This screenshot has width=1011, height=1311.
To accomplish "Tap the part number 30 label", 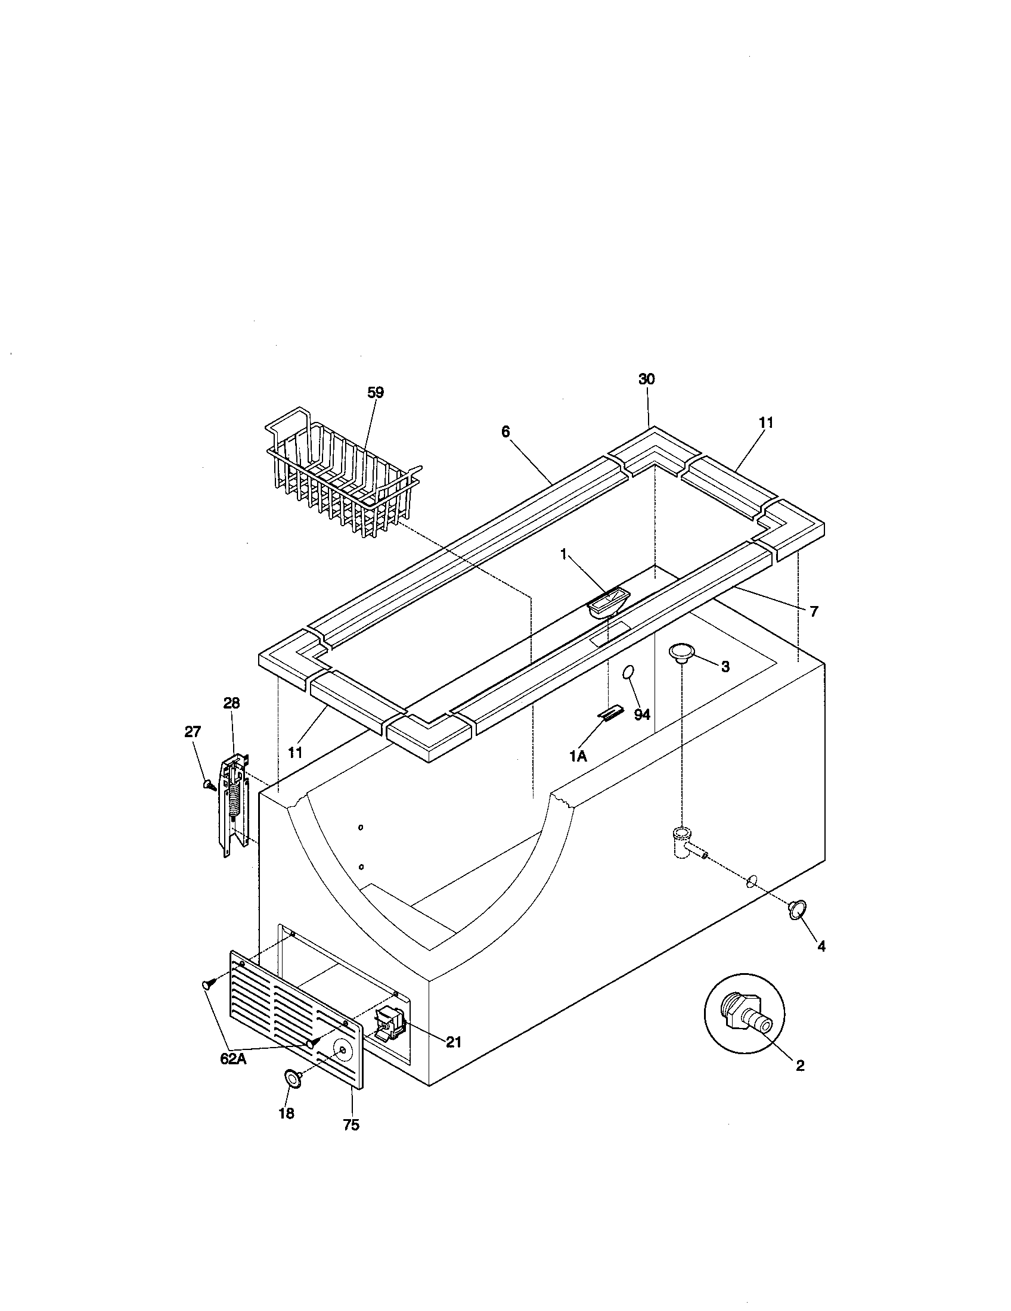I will pos(647,380).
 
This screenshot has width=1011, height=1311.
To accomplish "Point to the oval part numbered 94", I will pos(628,673).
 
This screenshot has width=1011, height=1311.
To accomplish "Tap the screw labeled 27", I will pos(209,784).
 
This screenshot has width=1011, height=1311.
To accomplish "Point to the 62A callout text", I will pos(233,1060).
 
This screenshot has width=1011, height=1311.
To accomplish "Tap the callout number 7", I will pos(814,611).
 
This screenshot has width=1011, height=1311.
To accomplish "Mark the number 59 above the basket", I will pos(375,393).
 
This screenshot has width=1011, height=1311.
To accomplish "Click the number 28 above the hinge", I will pos(231,703).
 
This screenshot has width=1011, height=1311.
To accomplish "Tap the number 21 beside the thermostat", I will pos(453,1042).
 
